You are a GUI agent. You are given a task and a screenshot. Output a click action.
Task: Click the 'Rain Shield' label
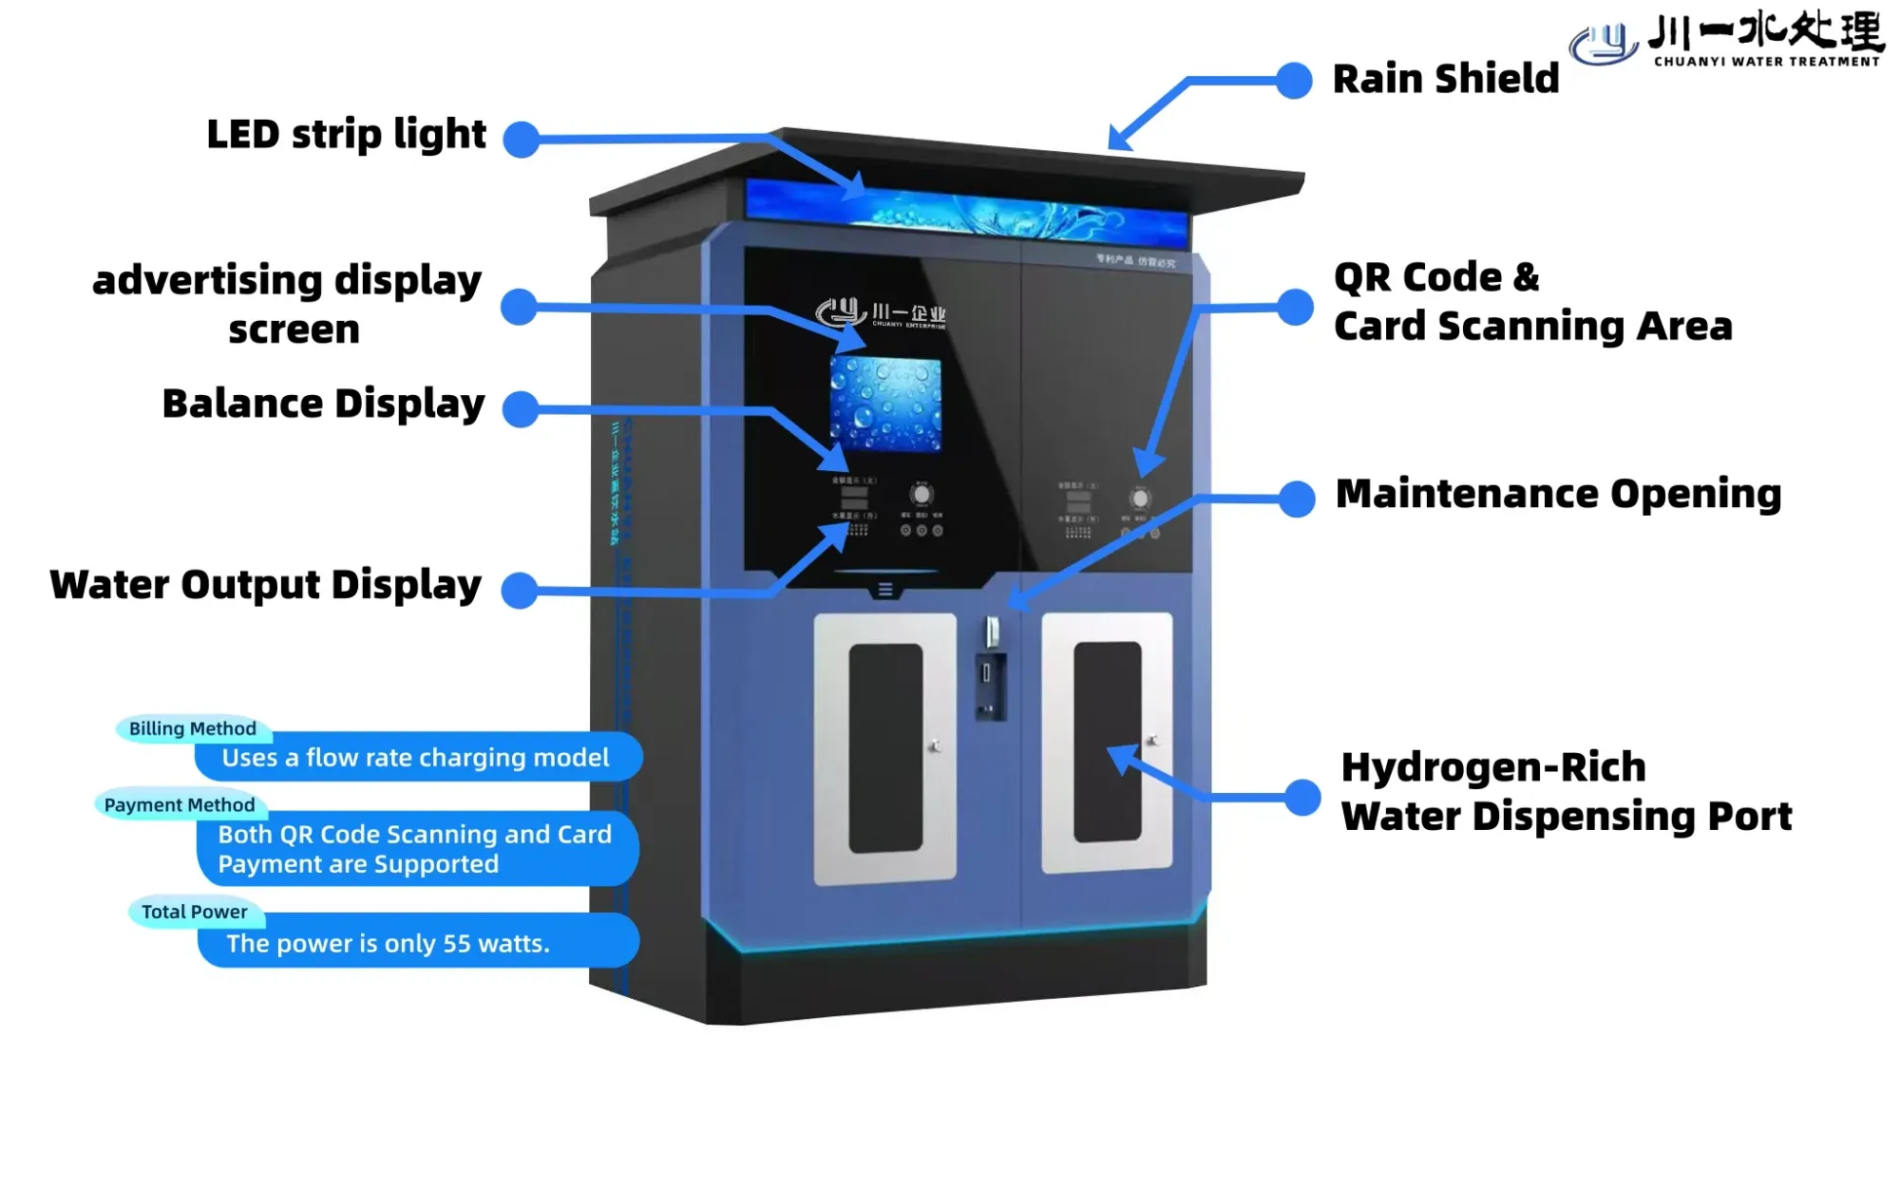1445,79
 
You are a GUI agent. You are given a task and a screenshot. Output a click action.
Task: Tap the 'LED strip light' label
346,135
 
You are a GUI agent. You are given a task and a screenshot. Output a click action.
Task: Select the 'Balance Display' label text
323,404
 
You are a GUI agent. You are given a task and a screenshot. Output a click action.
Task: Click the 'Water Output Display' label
265,585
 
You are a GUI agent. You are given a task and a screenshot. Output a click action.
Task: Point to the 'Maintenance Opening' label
1558,494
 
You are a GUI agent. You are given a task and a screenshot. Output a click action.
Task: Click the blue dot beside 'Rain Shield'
1294,81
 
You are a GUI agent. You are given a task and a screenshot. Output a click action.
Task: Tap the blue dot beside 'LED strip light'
521,140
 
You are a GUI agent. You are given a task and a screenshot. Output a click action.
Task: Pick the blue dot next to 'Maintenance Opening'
1297,499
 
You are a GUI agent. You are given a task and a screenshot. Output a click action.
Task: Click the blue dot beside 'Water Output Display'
520,591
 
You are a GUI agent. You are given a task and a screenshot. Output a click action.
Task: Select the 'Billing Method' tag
193,728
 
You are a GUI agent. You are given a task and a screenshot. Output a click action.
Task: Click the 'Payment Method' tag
180,805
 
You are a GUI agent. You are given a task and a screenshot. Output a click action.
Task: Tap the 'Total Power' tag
195,912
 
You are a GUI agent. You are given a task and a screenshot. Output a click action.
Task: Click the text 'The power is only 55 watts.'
388,943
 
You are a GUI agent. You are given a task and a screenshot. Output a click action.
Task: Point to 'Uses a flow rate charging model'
415,758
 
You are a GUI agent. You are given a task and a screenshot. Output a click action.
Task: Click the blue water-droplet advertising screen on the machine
885,404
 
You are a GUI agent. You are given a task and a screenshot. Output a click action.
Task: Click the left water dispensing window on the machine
885,748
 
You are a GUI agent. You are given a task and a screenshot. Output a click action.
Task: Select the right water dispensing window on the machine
1108,743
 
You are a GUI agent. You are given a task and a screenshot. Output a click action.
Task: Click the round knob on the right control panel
1140,498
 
